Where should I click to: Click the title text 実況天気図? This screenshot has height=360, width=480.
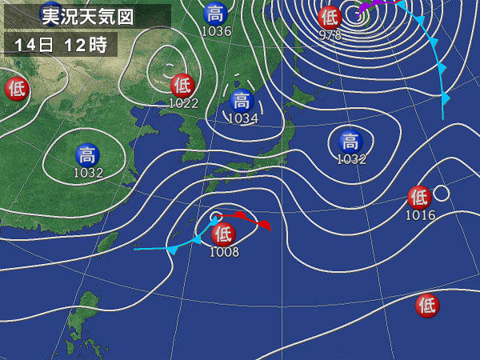tap(87, 14)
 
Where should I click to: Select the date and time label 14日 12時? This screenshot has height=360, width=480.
tap(60, 45)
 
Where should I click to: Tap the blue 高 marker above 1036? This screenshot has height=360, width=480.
tap(214, 14)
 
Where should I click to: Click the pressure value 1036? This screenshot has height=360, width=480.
tap(215, 31)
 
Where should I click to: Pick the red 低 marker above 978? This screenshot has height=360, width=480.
tap(329, 17)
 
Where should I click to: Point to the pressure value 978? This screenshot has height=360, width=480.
tap(330, 35)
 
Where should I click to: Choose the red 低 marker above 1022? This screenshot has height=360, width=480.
tap(182, 84)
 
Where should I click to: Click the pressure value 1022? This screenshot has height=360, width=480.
tap(184, 102)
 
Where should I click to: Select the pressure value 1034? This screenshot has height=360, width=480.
tap(242, 118)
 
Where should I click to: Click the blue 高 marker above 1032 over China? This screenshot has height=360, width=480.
tap(87, 154)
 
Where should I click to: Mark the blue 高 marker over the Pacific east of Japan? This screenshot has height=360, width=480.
tap(349, 142)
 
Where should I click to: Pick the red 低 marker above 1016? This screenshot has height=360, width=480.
tap(418, 197)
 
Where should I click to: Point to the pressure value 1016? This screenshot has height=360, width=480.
tap(420, 214)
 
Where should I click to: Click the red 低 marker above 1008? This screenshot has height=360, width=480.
tap(223, 234)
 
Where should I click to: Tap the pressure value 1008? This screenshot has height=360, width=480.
tap(224, 252)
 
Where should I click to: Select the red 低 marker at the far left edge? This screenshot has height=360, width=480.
tap(16, 88)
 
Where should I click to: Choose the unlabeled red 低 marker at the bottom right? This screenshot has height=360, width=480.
tap(427, 305)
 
